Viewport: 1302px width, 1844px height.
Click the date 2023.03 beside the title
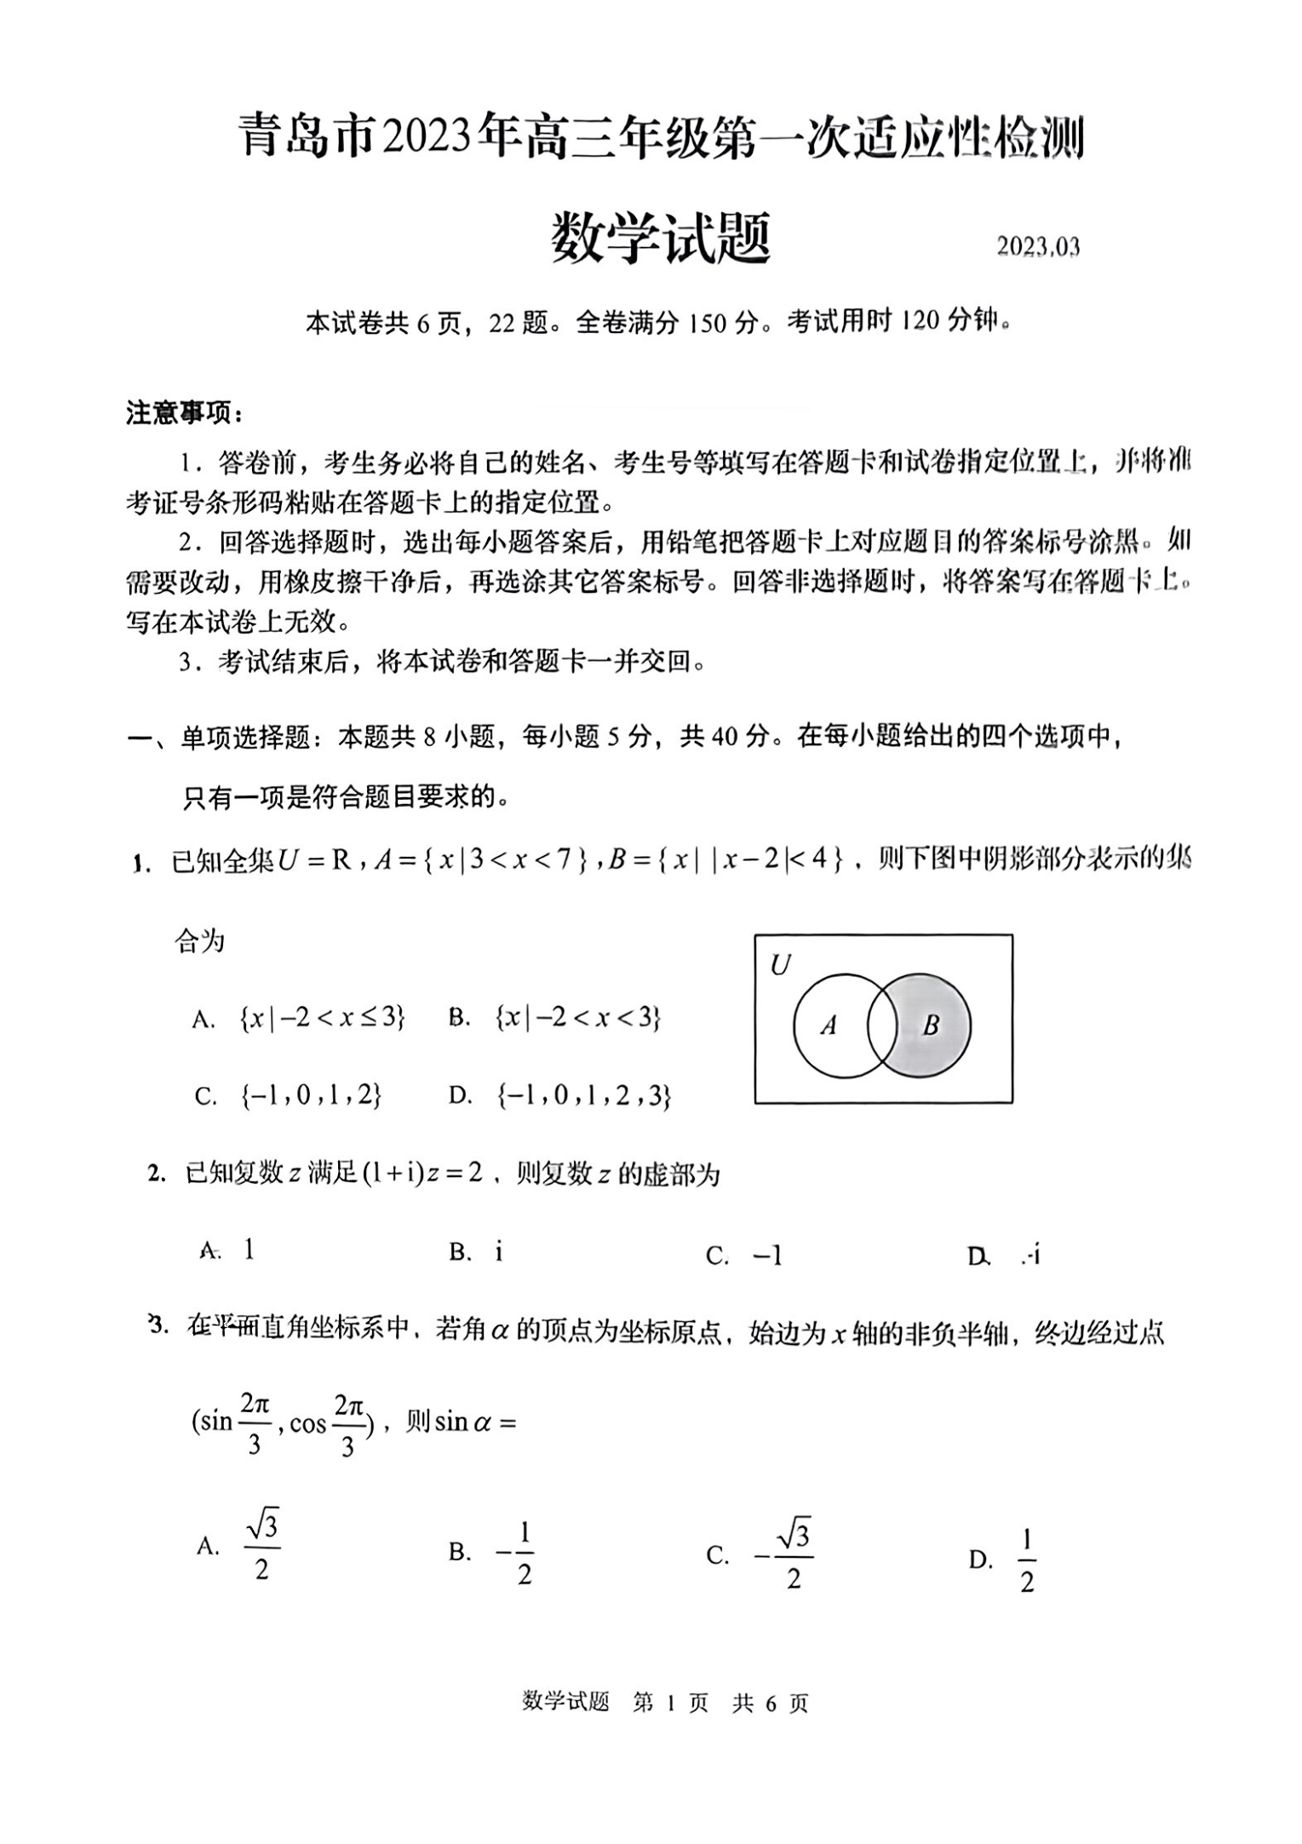(1038, 247)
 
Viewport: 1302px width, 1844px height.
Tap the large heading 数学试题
(661, 239)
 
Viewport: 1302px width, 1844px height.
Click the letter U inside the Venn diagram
(780, 965)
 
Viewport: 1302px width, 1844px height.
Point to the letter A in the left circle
(829, 1025)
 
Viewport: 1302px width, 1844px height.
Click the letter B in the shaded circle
(931, 1025)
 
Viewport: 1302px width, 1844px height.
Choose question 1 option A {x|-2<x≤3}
(322, 1017)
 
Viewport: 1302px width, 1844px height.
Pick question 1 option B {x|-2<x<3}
(577, 1017)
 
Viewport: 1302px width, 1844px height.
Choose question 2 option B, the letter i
(498, 1251)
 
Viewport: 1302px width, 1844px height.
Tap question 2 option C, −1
(766, 1255)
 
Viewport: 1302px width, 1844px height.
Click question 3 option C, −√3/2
(784, 1556)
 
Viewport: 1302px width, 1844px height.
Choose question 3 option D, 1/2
(1026, 1560)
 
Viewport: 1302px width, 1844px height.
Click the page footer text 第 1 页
(670, 1703)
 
